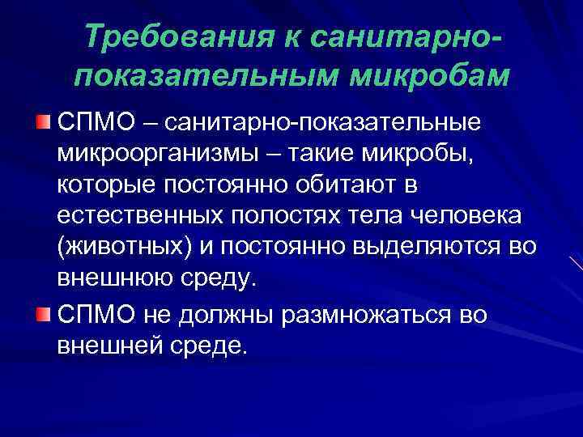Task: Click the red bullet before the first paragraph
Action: pyautogui.click(x=42, y=123)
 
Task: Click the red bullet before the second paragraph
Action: pyautogui.click(x=42, y=313)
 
